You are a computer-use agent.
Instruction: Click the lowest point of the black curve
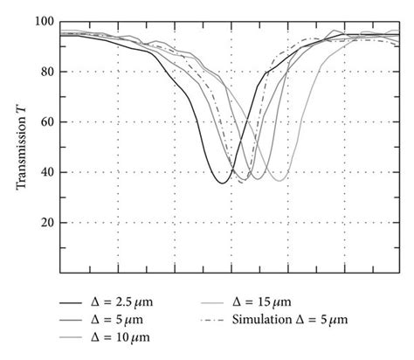point(222,182)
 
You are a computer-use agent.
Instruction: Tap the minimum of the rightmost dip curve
point(280,180)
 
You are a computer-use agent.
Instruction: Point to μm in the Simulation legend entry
point(339,320)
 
